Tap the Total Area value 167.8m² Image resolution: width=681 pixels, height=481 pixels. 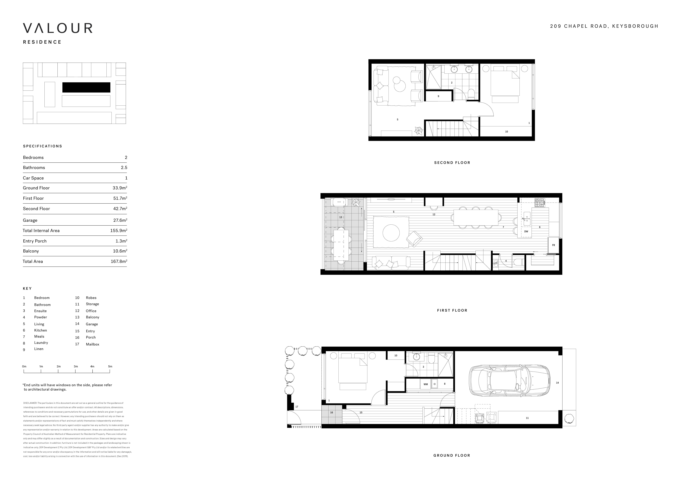pyautogui.click(x=119, y=261)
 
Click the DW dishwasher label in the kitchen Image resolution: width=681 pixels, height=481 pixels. pyautogui.click(x=526, y=231)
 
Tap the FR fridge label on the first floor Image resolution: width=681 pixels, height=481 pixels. pyautogui.click(x=553, y=245)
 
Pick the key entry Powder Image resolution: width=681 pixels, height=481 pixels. pyautogui.click(x=41, y=317)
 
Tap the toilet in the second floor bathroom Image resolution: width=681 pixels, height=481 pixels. pyautogui.click(x=471, y=94)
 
